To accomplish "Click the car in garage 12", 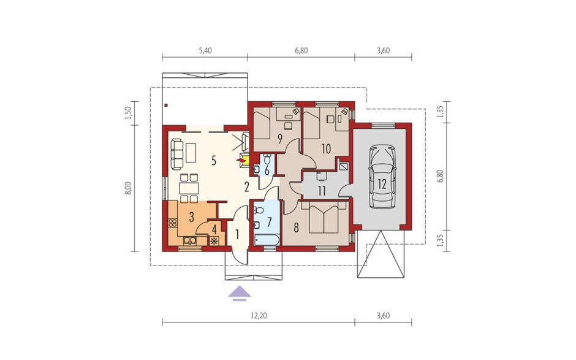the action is click(382, 177).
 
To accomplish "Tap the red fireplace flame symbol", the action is click(241, 160).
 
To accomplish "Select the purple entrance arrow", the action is click(240, 293).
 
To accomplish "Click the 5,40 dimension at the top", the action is click(205, 51).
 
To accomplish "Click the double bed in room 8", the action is click(324, 218).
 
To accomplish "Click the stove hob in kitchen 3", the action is click(172, 223).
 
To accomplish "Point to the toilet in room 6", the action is click(267, 160).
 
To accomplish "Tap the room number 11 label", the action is click(322, 191).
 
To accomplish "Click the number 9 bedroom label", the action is click(280, 139).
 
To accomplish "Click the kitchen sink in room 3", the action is click(190, 241).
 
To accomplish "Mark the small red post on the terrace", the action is click(166, 106).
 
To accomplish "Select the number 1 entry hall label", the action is click(237, 234).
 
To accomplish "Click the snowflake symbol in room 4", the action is click(213, 242).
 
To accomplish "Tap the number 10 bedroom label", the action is click(326, 148).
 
